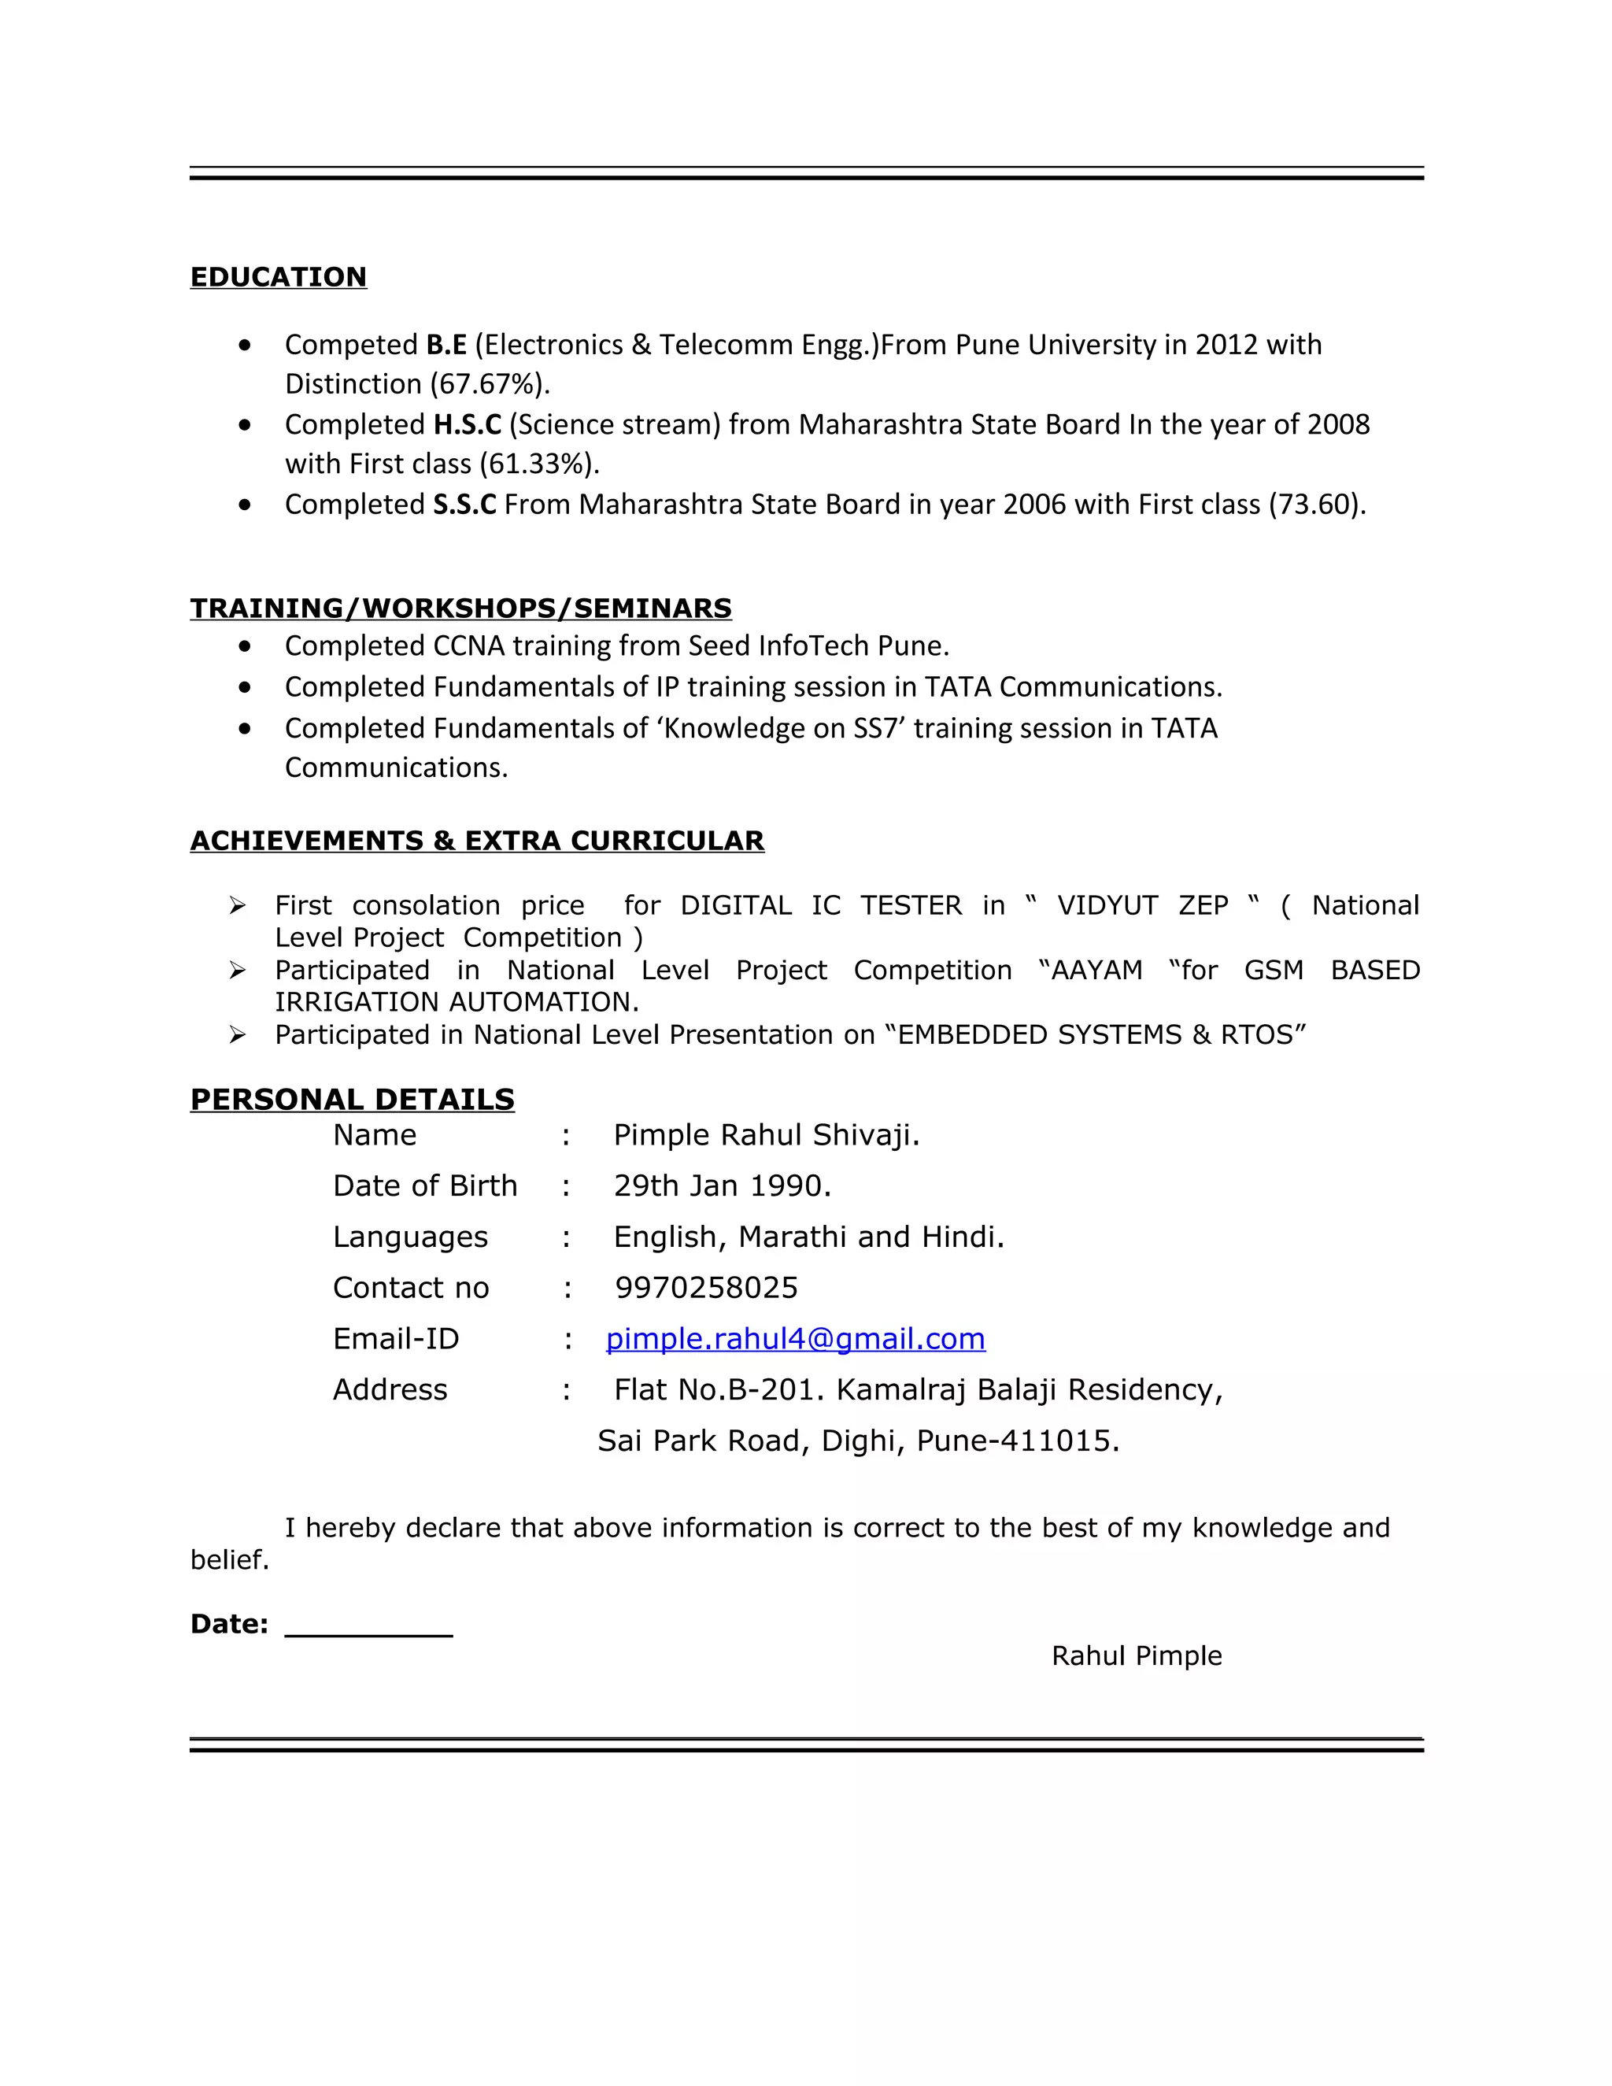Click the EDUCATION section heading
coord(278,277)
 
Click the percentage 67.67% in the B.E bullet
coord(490,384)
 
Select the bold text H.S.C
coord(467,424)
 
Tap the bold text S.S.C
coord(464,505)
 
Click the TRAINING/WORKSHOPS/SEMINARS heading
coord(460,608)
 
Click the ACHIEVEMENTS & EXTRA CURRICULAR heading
coord(476,841)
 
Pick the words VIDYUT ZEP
coord(1142,905)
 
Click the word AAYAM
coord(1096,971)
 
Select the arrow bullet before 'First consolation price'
coord(238,905)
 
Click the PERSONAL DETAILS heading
coord(353,1100)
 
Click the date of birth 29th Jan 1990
coord(722,1186)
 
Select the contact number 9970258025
coord(706,1288)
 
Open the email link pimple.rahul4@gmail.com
coord(796,1339)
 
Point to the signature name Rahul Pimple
coord(1137,1655)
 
